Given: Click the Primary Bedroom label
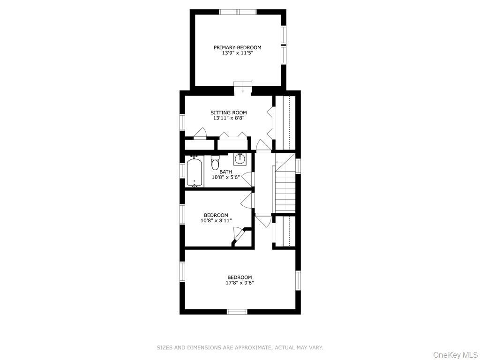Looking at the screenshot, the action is click(237, 47).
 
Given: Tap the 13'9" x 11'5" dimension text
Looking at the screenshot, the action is click(238, 52).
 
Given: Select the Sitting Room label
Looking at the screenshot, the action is click(228, 112).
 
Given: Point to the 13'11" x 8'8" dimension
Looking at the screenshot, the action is click(228, 118).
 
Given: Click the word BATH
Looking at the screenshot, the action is click(225, 172).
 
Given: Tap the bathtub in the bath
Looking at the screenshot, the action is click(195, 172).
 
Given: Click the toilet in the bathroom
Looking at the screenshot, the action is click(216, 163).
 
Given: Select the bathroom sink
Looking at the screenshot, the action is click(240, 158).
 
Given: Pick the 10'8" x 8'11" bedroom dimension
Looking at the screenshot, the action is click(216, 220).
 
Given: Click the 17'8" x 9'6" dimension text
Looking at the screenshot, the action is click(240, 283).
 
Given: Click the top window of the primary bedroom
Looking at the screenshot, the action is click(238, 12).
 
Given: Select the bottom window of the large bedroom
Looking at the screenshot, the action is click(237, 312).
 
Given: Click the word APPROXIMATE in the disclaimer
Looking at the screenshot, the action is click(253, 347).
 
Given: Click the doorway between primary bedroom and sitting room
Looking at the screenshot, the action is click(243, 87).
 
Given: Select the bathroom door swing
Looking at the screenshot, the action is click(248, 179).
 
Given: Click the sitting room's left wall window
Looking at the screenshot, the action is click(182, 122).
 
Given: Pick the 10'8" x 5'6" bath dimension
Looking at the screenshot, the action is click(225, 177).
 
